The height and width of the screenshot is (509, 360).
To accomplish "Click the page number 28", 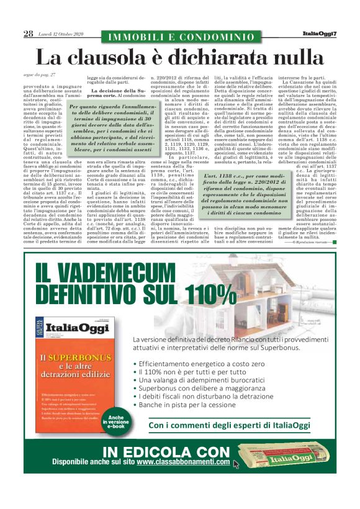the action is tap(29, 34).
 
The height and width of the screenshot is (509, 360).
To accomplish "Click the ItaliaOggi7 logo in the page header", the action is tap(319, 34).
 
